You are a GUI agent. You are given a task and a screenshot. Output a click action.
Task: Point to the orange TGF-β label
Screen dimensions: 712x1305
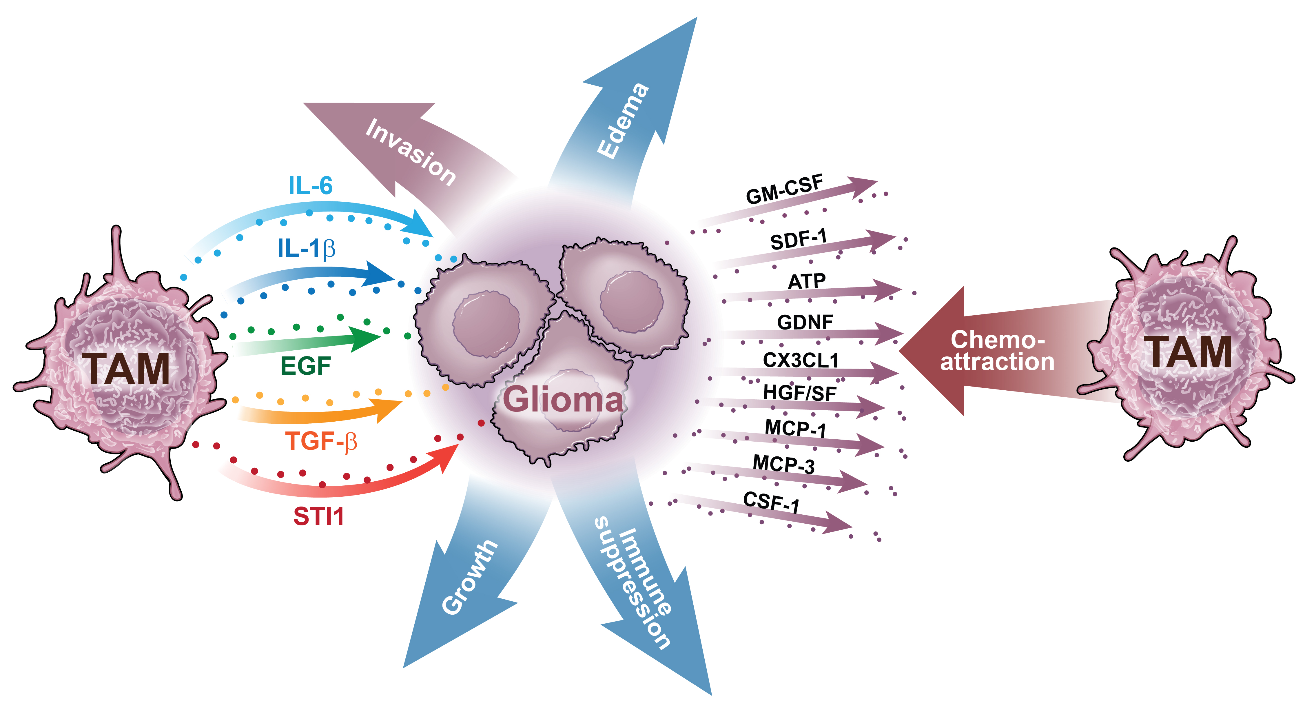click(x=321, y=441)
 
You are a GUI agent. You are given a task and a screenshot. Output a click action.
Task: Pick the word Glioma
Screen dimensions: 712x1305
click(x=562, y=399)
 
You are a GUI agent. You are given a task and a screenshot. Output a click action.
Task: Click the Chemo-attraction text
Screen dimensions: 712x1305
click(x=997, y=351)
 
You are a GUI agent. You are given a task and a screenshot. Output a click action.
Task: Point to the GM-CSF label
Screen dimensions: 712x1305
click(x=784, y=189)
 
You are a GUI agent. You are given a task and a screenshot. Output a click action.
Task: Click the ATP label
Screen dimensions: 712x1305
click(x=807, y=281)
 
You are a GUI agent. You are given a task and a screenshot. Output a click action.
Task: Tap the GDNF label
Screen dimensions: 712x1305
click(x=805, y=322)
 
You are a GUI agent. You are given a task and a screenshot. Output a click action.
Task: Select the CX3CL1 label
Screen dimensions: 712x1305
click(x=801, y=360)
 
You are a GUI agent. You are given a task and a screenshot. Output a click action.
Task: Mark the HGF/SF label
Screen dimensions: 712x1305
click(x=799, y=393)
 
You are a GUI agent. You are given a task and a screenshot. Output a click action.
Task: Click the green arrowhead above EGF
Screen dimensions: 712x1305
click(x=366, y=338)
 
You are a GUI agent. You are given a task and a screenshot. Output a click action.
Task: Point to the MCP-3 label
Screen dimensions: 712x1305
click(x=783, y=464)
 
